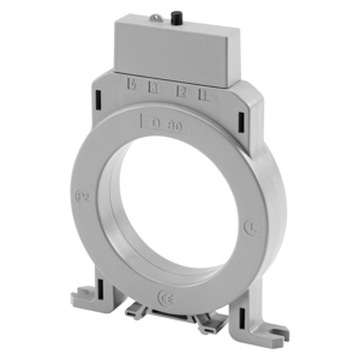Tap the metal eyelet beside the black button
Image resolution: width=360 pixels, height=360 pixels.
click(x=156, y=17)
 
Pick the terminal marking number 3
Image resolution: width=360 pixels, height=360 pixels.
click(x=154, y=88)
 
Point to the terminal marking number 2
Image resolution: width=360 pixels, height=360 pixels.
click(x=182, y=92)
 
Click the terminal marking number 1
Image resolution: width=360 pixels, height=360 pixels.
click(x=204, y=95)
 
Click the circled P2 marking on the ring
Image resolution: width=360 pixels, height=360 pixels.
click(x=83, y=197)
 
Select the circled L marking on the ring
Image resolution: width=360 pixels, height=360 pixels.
click(x=251, y=227)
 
